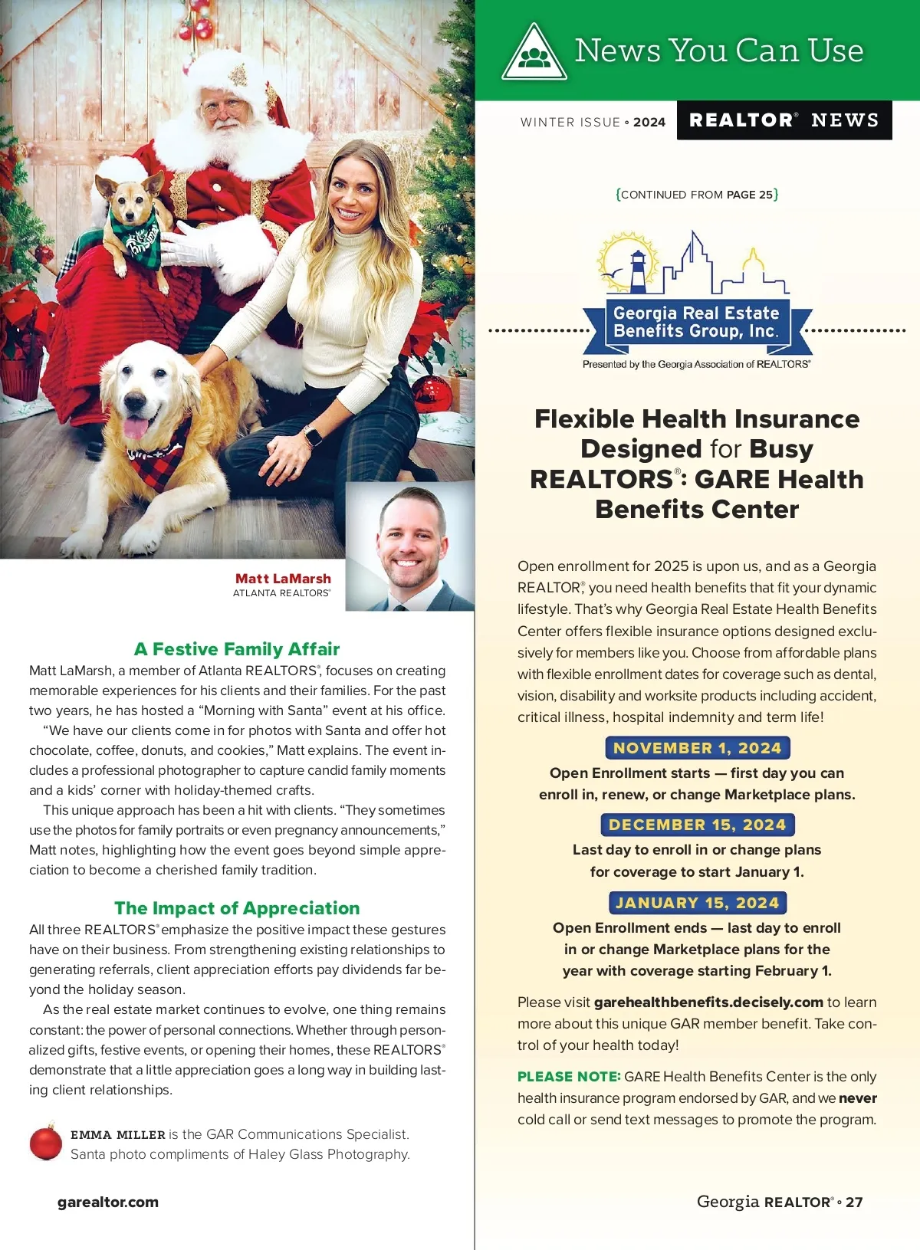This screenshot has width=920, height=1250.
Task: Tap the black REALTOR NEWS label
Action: (784, 120)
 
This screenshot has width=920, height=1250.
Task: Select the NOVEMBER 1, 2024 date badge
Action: (697, 748)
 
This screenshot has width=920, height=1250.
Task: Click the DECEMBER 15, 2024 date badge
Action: (697, 825)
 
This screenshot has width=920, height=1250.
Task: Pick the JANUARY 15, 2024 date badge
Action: (697, 903)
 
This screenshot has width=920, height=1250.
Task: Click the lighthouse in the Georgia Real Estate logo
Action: (638, 270)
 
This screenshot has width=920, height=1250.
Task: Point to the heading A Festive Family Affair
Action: (237, 649)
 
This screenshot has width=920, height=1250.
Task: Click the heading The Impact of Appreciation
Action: (237, 908)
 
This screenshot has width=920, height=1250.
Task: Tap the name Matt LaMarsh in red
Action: (283, 579)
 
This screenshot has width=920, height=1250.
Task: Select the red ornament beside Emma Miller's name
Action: (45, 1142)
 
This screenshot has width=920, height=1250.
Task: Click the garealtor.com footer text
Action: (108, 1202)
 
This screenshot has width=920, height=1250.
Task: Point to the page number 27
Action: (854, 1202)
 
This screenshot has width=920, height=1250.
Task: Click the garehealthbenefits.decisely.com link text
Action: (708, 1002)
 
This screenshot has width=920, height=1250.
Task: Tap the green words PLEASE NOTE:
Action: (568, 1077)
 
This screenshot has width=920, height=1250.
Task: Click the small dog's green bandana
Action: (138, 234)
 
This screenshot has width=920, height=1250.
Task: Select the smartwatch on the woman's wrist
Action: (313, 436)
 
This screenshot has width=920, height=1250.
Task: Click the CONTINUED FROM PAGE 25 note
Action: (697, 195)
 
